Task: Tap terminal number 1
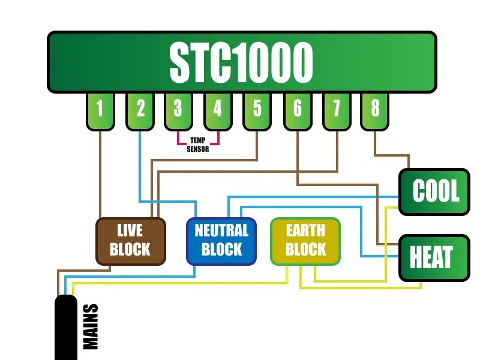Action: (x=100, y=110)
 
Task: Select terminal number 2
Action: (x=140, y=110)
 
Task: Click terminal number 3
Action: (x=178, y=110)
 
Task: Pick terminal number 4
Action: (x=217, y=110)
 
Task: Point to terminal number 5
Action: (x=257, y=110)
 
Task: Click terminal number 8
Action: (x=375, y=110)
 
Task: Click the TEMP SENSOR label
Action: (x=198, y=145)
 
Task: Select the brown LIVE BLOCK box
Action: (x=130, y=241)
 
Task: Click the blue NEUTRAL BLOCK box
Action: (x=221, y=241)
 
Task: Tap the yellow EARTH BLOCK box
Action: (x=305, y=241)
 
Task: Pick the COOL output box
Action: (x=435, y=193)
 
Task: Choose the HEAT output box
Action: (x=434, y=258)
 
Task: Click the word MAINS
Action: (x=91, y=327)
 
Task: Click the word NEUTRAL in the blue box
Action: (x=221, y=231)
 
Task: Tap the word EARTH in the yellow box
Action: (x=305, y=231)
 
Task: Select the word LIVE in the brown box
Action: (x=130, y=231)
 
